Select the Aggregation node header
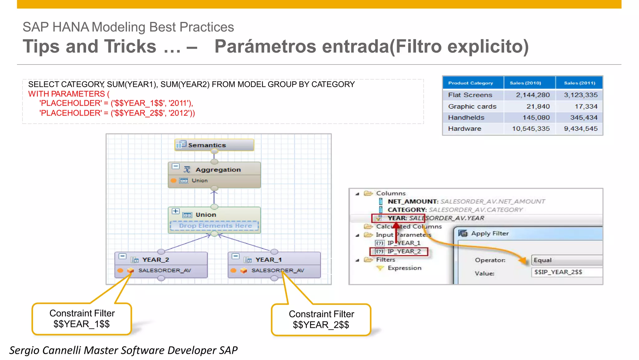point(218,170)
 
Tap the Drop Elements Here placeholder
point(215,226)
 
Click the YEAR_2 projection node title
point(155,260)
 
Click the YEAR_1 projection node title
point(268,260)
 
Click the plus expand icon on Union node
point(175,211)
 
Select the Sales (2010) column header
point(525,83)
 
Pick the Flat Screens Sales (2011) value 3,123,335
point(580,95)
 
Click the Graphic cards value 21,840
point(538,106)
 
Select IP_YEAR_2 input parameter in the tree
point(404,251)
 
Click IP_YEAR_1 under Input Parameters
point(404,243)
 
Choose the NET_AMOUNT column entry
point(412,202)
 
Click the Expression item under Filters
point(404,268)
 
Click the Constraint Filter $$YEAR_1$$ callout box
point(82,319)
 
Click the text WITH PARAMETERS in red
point(66,94)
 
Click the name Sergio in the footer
point(24,350)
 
